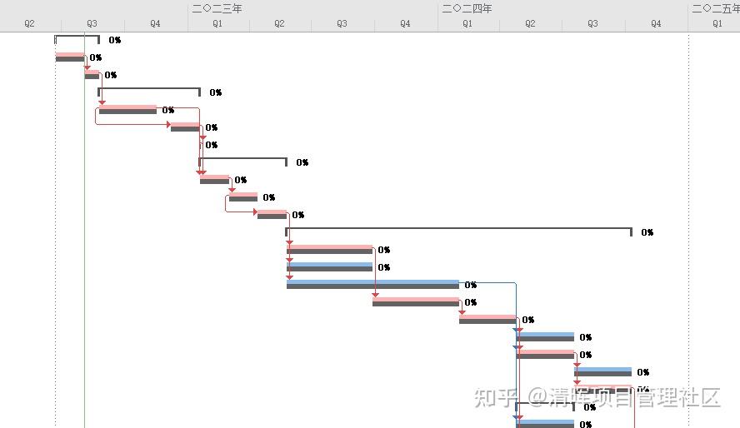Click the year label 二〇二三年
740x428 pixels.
coord(217,8)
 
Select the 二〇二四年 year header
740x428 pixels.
coord(467,8)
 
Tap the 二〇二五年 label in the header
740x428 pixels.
coord(715,8)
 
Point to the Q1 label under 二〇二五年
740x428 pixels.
coord(717,24)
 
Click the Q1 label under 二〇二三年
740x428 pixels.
coord(217,24)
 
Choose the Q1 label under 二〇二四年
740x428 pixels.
coord(467,24)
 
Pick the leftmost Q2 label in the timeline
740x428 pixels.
coord(29,24)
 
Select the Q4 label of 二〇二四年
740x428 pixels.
coord(656,24)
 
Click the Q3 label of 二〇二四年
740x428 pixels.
coord(592,24)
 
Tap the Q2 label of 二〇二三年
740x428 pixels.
coord(279,24)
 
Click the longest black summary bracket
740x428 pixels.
coord(458,229)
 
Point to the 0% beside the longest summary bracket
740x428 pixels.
coord(647,233)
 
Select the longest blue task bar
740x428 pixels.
coord(372,284)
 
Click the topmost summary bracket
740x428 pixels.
coord(77,37)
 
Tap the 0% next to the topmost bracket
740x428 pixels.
coord(114,40)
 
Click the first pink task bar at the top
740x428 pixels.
coord(70,57)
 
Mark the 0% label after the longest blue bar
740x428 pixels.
coord(471,286)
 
